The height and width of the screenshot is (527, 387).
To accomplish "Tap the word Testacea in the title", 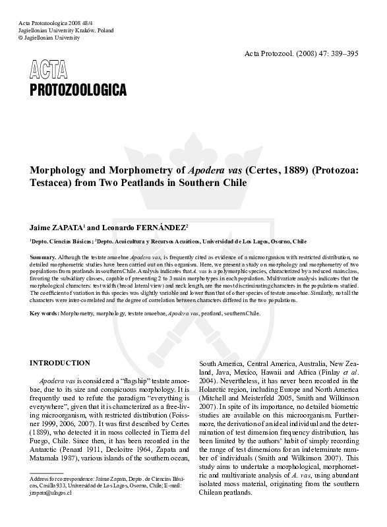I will pyautogui.click(x=49, y=183).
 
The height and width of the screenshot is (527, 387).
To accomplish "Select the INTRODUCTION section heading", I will pyautogui.click(x=60, y=363).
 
